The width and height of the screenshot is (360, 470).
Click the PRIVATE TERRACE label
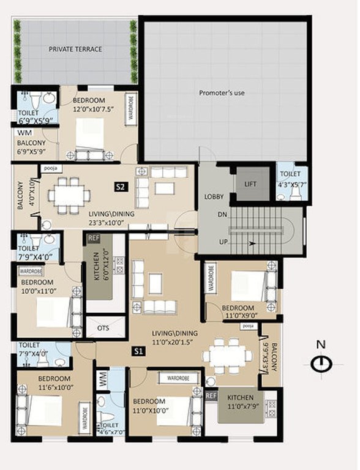click(x=75, y=49)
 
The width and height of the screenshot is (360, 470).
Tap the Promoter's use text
click(x=222, y=93)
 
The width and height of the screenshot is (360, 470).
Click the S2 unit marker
click(x=121, y=187)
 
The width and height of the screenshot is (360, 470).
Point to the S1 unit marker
click(x=139, y=351)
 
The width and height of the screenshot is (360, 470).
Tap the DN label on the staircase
click(x=222, y=215)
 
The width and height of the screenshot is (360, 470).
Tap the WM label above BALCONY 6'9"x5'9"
click(x=24, y=132)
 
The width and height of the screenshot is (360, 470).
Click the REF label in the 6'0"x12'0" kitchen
click(x=94, y=238)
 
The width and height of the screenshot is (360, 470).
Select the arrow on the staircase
click(x=251, y=243)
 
